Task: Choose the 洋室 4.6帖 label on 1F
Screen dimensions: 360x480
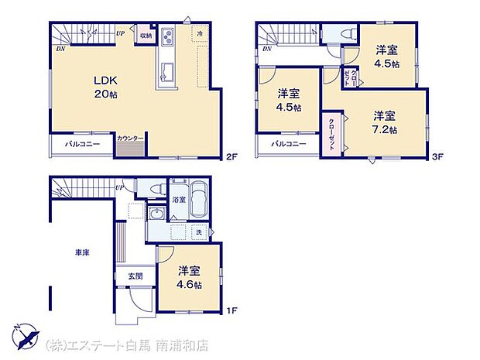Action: [190, 278]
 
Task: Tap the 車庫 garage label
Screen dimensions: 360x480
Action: [81, 252]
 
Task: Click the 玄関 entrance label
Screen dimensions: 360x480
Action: [125, 277]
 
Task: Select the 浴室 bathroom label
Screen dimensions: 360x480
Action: [178, 200]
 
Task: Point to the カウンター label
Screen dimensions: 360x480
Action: [130, 139]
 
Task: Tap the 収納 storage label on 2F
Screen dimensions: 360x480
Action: [146, 36]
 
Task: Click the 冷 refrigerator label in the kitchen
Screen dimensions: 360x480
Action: [199, 35]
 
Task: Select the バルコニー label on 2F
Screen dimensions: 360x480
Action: [82, 144]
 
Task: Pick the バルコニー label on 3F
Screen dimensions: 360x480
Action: [289, 144]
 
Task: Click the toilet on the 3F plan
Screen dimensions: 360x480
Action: [346, 34]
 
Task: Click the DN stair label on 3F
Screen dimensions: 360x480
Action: [266, 50]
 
